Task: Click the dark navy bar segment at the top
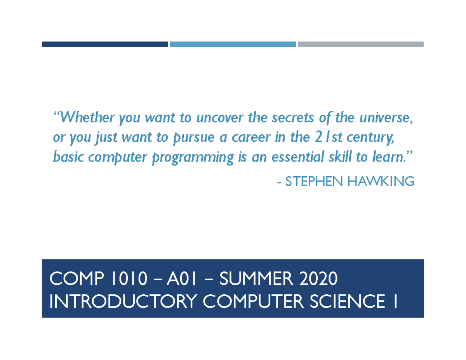pos(105,44)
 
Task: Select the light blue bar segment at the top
pos(233,44)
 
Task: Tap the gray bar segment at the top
pos(360,44)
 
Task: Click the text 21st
pos(319,137)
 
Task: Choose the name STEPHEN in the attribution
pos(315,181)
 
